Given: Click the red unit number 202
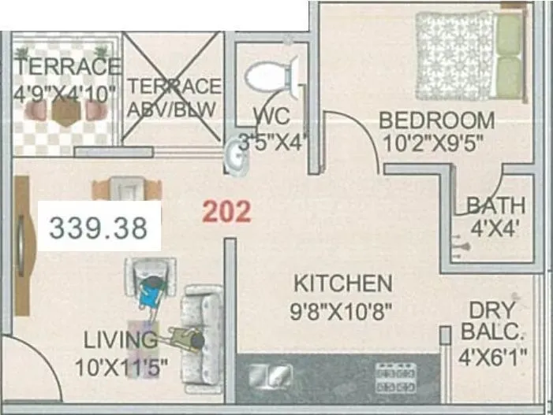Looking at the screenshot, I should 226,211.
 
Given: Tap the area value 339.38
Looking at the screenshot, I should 99,228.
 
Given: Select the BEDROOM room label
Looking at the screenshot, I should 436,121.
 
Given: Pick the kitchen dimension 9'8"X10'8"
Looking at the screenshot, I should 341,309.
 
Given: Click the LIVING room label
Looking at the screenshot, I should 121,341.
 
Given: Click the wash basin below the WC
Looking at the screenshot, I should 235,157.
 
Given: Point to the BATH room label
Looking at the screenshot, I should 495,206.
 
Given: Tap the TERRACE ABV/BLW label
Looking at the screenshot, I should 174,97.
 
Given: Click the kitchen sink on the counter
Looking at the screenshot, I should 271,376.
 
